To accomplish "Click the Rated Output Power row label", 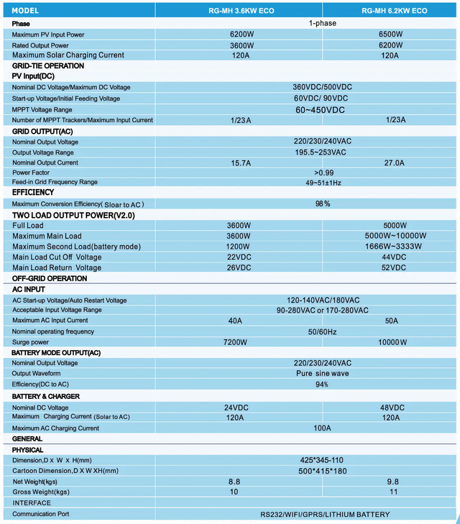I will (40, 45).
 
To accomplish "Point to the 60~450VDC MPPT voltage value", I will (321, 109).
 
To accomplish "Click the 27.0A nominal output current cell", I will (395, 162).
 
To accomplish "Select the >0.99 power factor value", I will (324, 173).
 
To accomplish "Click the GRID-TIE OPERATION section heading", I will (47, 65).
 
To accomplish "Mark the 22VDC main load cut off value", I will (239, 257).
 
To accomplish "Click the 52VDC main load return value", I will (394, 267).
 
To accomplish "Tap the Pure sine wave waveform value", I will (322, 374).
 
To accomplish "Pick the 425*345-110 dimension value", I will (321, 460).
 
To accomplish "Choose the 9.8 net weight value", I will (392, 481).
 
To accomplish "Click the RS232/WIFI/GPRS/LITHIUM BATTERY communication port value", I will (325, 514).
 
